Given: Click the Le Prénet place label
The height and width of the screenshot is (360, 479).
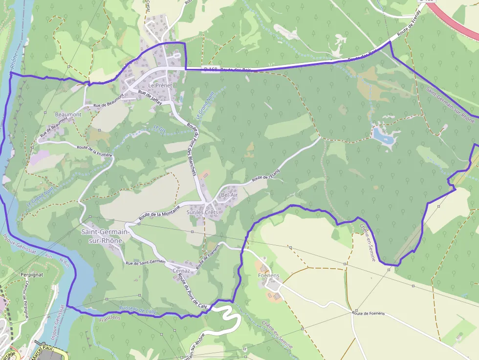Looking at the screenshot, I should pos(158,85).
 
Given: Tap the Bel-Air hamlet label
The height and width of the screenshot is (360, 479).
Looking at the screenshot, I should pos(229,195).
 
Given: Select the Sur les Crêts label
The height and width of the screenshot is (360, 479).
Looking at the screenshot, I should pos(202,212).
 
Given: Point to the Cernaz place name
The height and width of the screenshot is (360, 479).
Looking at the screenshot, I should pos(181,270).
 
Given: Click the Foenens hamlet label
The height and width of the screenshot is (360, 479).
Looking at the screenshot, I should pos(268,275).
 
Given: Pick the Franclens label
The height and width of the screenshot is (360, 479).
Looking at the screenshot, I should pos(109,318).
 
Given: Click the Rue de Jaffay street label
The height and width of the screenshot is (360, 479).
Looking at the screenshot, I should pos(150,96).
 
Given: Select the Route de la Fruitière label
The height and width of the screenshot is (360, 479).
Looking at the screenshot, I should pos(95,150).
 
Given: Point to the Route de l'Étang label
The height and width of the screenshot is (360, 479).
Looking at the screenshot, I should pos(266,176).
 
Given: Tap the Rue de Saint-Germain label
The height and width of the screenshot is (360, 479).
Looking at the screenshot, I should pos(146,263).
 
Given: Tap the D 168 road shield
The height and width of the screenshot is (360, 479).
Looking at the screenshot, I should pos(211,70).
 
